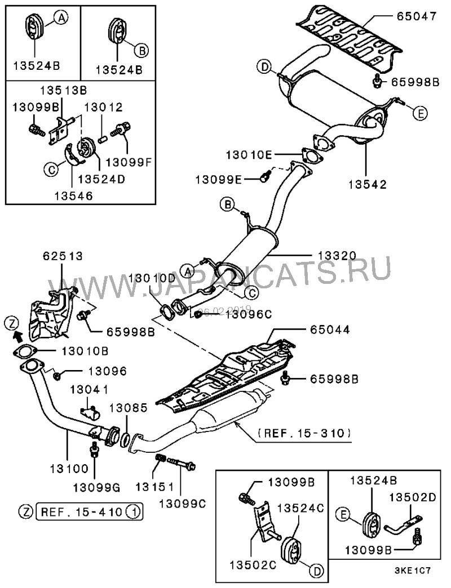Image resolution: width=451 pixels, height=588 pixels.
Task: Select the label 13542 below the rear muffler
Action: (x=366, y=184)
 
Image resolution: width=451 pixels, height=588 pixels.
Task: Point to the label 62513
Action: (x=62, y=256)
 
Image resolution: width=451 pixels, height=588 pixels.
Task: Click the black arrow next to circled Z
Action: (x=17, y=337)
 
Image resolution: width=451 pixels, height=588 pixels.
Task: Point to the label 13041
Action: (x=89, y=390)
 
